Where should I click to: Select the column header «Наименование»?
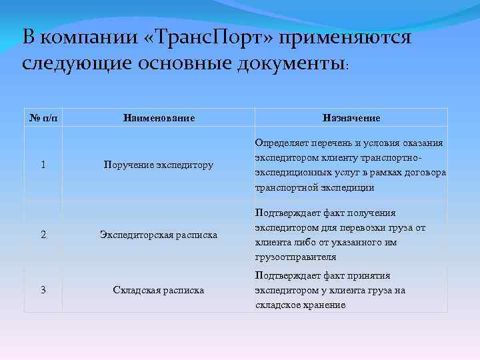tap(159, 118)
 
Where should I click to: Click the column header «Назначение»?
tap(351, 118)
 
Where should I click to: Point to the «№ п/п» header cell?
tap(43, 118)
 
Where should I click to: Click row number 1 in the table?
tap(43, 165)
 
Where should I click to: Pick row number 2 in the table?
tap(43, 235)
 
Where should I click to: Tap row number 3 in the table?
tap(43, 290)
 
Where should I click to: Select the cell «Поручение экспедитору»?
tap(159, 165)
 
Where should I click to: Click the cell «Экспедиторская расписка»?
tap(159, 235)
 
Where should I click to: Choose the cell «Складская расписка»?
tap(159, 290)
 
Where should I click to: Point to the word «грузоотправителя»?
tap(294, 257)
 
